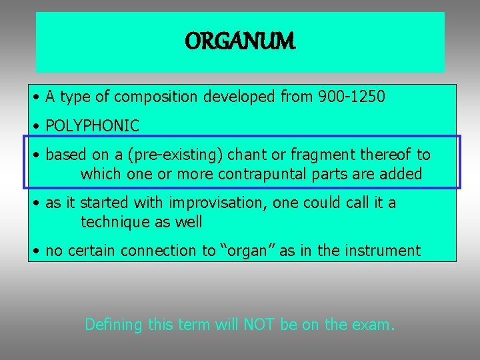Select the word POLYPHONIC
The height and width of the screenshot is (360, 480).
tap(93, 125)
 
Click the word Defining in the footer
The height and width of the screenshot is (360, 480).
tap(113, 325)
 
